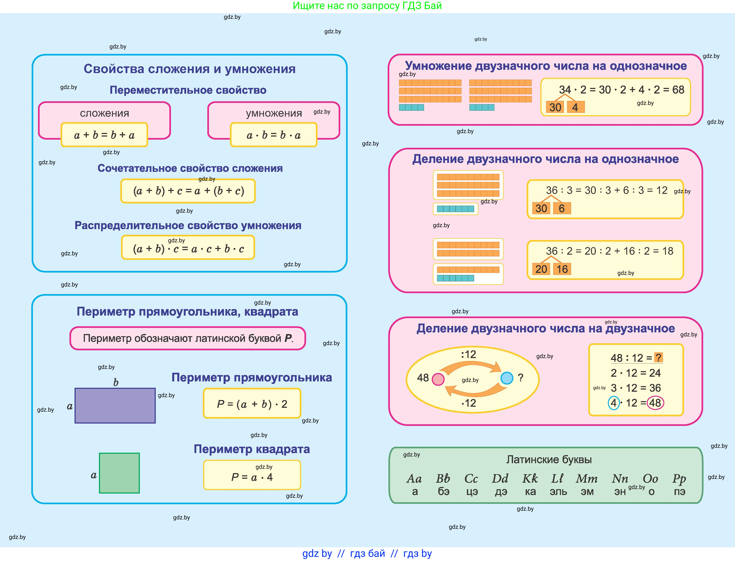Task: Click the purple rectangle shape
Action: pyautogui.click(x=115, y=405)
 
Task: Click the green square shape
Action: pyautogui.click(x=119, y=473)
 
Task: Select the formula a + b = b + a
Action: pyautogui.click(x=104, y=135)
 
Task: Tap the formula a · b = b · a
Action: pyautogui.click(x=274, y=135)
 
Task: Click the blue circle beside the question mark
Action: pyautogui.click(x=507, y=378)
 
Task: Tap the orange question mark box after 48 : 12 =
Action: pyautogui.click(x=658, y=358)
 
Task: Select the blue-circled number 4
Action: pyautogui.click(x=613, y=403)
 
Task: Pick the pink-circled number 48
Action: pyautogui.click(x=655, y=403)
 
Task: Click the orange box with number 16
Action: pyautogui.click(x=562, y=269)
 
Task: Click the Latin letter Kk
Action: pyautogui.click(x=530, y=479)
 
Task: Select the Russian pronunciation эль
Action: pyautogui.click(x=558, y=492)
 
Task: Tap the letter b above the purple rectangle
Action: pyautogui.click(x=116, y=382)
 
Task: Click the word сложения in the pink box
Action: pyautogui.click(x=104, y=113)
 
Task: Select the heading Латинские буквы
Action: pyautogui.click(x=549, y=460)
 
